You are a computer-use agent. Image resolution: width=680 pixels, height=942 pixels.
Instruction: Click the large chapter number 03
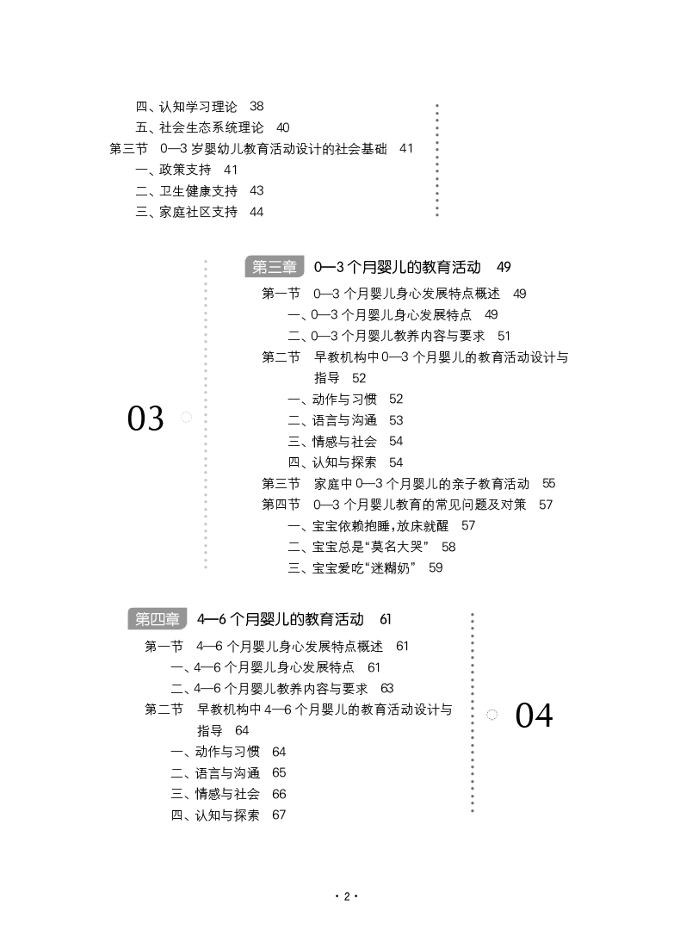click(145, 418)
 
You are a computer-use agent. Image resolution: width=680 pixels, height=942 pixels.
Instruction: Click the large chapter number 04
click(534, 716)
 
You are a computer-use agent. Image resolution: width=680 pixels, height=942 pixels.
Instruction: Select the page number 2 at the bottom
click(346, 896)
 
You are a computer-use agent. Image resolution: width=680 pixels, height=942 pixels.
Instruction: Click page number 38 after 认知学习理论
click(257, 106)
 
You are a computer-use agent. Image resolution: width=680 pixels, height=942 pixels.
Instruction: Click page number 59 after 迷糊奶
click(436, 567)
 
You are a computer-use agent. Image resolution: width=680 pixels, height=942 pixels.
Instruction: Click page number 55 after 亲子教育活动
click(549, 483)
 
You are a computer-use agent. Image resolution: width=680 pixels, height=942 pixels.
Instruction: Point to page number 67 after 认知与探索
click(278, 815)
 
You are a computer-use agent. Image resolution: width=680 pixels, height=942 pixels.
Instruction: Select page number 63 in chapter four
click(386, 688)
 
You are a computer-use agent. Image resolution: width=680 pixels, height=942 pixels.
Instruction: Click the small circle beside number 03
click(186, 418)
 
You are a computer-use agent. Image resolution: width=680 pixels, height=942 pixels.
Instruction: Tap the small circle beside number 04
click(492, 715)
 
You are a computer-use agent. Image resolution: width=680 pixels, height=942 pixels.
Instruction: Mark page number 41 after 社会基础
click(406, 148)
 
